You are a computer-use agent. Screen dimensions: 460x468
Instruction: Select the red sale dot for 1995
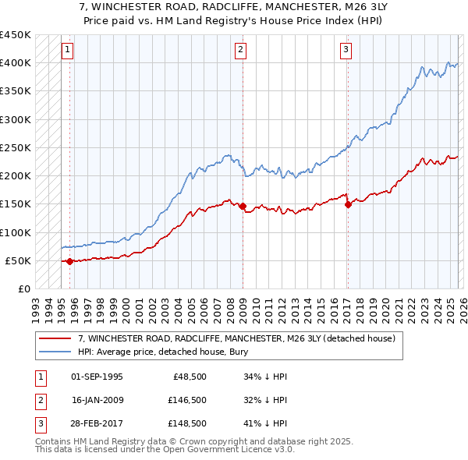tap(70, 261)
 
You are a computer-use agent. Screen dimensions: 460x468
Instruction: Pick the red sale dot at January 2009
tap(243, 206)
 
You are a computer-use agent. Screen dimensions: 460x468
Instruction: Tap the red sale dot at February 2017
tap(348, 204)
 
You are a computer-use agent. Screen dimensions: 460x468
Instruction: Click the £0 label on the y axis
tap(23, 288)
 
